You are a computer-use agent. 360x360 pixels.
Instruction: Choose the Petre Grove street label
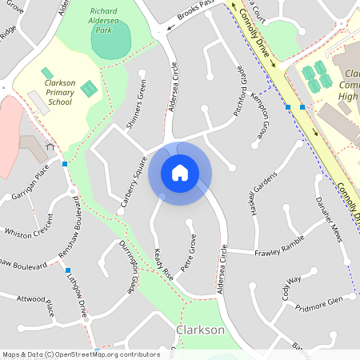[x=189, y=253]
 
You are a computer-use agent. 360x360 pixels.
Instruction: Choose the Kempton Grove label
[x=266, y=117]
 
